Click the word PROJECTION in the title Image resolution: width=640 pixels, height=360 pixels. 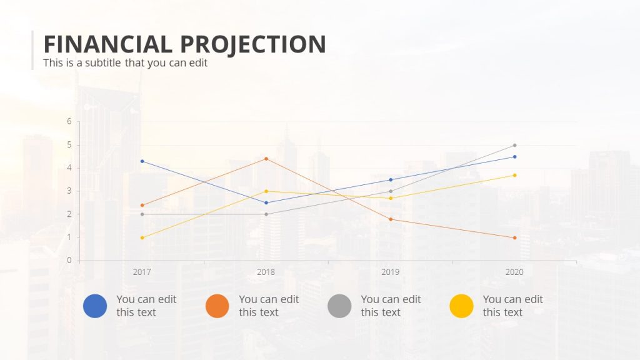click(253, 44)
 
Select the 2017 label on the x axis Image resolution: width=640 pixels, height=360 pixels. click(142, 272)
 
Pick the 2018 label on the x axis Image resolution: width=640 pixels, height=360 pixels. click(266, 272)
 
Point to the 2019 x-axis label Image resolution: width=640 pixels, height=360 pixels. click(391, 272)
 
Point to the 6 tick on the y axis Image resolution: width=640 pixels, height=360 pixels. click(69, 121)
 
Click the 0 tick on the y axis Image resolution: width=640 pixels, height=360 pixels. click(69, 261)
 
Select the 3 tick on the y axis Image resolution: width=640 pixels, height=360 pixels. click(69, 191)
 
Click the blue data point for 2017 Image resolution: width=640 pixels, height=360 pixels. click(142, 161)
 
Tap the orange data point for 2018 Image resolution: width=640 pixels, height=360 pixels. click(266, 159)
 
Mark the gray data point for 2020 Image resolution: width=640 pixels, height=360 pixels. click(515, 145)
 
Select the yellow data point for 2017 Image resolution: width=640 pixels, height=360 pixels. click(142, 237)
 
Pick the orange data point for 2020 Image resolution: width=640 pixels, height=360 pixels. click(515, 237)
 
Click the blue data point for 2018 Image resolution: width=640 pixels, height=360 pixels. click(266, 202)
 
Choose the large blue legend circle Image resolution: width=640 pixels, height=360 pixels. click(95, 306)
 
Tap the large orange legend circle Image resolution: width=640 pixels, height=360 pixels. click(217, 306)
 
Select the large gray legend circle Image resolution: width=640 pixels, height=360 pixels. click(339, 306)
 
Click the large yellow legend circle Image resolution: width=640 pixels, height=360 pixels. click(461, 306)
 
